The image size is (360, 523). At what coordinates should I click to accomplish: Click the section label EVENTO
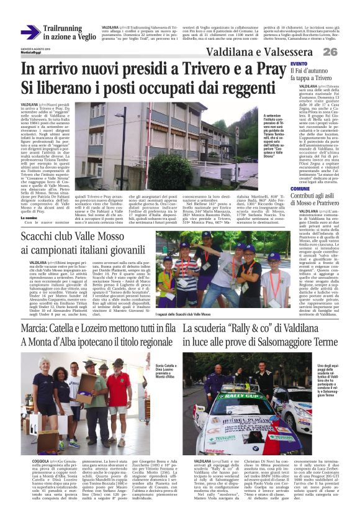click(x=299, y=65)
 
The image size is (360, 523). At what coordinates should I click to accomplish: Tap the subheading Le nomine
click(x=30, y=218)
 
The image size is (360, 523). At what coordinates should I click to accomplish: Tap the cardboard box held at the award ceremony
click(x=83, y=396)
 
